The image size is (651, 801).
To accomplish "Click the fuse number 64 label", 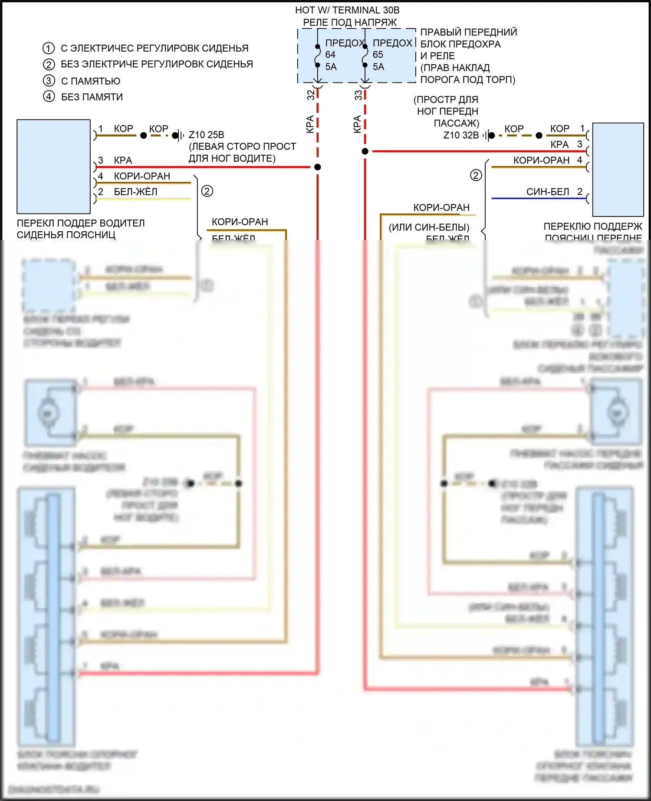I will (x=330, y=55).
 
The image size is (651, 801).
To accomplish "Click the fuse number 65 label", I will (x=378, y=55).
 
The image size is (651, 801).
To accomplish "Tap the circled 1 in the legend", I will (x=49, y=48).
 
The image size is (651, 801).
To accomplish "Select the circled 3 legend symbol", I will (x=49, y=81).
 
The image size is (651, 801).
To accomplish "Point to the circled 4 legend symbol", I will (x=49, y=96).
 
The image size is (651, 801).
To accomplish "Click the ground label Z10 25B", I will (x=206, y=135).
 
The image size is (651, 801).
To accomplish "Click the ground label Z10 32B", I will (x=461, y=135).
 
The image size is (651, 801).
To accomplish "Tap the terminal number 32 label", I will (x=311, y=95).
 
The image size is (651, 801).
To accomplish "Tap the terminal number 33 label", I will (x=358, y=95).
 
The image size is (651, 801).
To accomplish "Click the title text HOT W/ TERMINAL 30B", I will (x=347, y=10).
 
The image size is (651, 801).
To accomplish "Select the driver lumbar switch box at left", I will (x=53, y=167).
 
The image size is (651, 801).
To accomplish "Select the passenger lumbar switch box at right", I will (x=618, y=170).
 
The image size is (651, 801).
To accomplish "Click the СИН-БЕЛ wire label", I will (x=548, y=192).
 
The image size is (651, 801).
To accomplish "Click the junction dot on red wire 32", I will (x=318, y=167).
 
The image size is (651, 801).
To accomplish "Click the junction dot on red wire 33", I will (x=365, y=151).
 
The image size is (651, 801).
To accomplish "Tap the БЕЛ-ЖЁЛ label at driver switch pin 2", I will (x=135, y=192).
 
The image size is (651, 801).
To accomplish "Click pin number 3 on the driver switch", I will (x=101, y=160).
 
